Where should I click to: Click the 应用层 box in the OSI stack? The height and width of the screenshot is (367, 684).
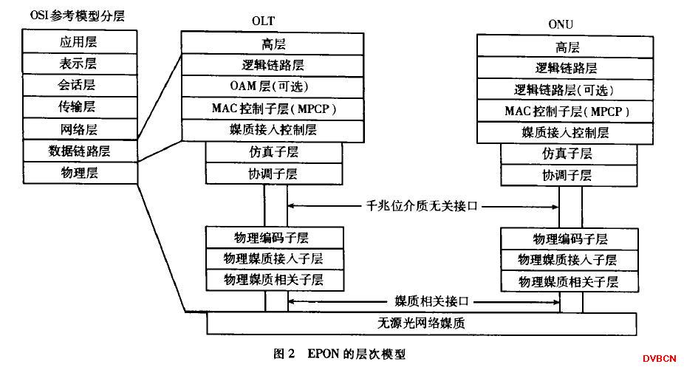(x=80, y=41)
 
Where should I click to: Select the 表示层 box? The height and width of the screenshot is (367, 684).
(x=80, y=64)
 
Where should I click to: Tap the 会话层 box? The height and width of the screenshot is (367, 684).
(x=80, y=86)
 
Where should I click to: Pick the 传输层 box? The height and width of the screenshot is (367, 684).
(x=80, y=107)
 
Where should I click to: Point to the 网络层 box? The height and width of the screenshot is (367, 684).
(x=80, y=129)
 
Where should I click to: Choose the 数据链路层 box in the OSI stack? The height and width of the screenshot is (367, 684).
(x=80, y=151)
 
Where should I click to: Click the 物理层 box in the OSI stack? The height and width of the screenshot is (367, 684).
(x=80, y=173)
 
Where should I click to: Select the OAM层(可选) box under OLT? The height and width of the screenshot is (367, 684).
(x=273, y=86)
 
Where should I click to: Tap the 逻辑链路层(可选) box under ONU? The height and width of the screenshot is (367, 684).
(x=565, y=89)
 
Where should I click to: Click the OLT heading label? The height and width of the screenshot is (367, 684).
(x=264, y=21)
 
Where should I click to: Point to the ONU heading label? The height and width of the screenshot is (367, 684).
(x=561, y=24)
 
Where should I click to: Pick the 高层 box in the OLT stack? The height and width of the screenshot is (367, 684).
(x=273, y=43)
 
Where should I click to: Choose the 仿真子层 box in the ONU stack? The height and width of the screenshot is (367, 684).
(x=569, y=154)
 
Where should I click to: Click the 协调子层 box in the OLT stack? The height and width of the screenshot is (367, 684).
(x=274, y=174)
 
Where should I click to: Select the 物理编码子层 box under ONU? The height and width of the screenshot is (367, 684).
(x=570, y=239)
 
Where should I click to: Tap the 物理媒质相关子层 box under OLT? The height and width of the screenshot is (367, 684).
(x=275, y=281)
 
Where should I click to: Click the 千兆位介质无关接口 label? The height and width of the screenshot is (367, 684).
(x=423, y=206)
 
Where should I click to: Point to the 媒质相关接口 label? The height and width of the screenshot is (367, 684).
(x=432, y=301)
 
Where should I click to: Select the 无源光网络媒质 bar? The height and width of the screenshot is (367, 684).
(x=421, y=323)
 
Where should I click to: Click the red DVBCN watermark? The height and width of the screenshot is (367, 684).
(x=659, y=359)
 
